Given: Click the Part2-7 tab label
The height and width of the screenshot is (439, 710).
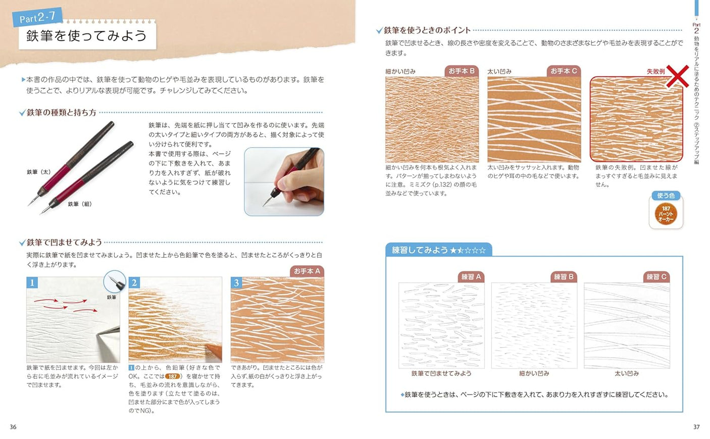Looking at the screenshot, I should pos(37,18).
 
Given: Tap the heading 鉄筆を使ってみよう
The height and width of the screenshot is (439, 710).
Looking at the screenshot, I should pos(86,36).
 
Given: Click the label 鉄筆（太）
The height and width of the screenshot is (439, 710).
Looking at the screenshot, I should pos(38,172).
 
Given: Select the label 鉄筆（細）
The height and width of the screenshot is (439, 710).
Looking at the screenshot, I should pos(80,204).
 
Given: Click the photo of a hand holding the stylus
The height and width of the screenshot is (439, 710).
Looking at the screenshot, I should pos(284,181).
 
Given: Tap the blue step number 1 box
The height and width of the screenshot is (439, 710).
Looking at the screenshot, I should pos(32,282).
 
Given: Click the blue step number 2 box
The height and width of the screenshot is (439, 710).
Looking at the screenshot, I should pos(134,282).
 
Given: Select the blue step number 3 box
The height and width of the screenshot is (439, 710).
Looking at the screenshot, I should pos(236,282).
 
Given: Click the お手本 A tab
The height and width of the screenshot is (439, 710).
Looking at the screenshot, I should pos(307,271).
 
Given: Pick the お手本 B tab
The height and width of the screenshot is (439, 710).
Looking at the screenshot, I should pos(462,71).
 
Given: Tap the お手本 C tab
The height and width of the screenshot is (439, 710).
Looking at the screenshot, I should pos(564,71).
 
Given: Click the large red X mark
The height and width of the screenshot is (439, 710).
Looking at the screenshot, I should pos(677,76).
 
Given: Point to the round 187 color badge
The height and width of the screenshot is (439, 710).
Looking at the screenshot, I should pos(666,214).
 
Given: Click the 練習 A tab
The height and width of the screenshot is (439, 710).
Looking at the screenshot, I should pos(471,277).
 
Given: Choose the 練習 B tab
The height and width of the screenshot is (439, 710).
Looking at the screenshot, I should pos(564,277).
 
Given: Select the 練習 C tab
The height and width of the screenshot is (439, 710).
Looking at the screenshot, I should pos(656,277).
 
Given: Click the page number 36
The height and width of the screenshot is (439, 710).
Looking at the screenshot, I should pos(13,427).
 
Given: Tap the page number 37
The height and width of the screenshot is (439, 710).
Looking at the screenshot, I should pos(696,427).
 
